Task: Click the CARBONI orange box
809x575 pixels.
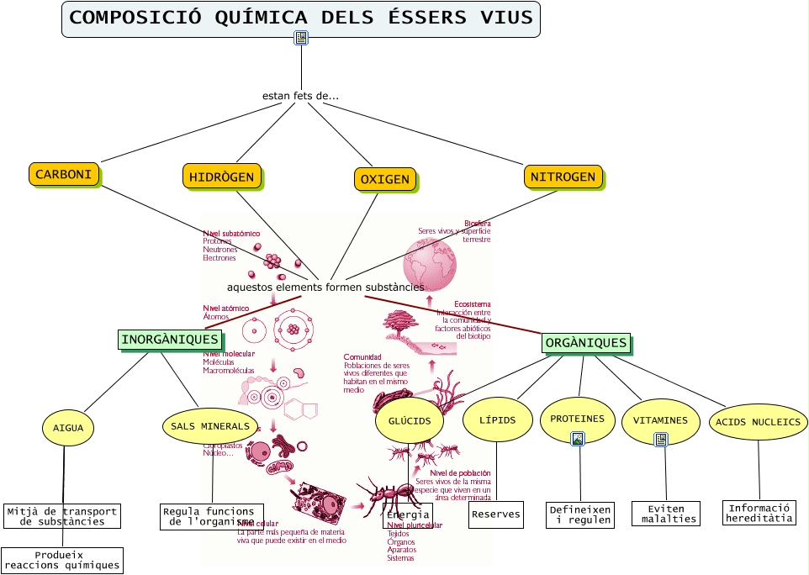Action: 64,174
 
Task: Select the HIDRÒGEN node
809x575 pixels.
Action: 222,177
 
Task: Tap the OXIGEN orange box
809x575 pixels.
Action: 385,179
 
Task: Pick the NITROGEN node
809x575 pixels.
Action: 563,177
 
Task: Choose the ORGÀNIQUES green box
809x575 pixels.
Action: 586,342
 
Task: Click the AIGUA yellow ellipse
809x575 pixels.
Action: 68,428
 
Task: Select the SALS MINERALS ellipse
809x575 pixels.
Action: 210,426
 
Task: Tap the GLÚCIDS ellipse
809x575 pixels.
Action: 410,420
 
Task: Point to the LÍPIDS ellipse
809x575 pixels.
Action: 497,419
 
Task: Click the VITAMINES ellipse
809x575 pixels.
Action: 660,419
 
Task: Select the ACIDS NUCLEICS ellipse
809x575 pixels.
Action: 759,422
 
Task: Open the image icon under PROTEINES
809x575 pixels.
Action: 578,438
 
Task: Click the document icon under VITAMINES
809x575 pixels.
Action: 661,439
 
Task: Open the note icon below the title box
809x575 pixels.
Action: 301,37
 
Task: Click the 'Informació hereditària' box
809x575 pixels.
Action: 759,513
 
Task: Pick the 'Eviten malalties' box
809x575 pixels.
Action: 666,514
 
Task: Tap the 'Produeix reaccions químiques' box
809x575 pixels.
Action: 62,560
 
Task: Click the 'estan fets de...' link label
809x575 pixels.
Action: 300,96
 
